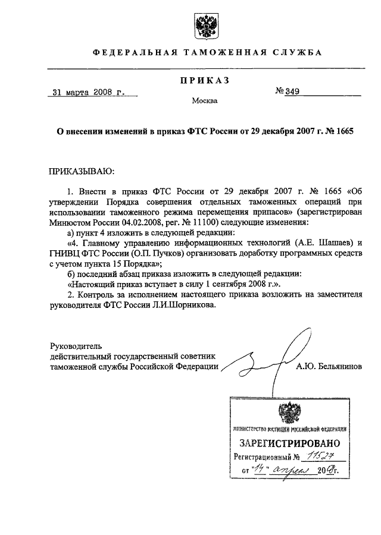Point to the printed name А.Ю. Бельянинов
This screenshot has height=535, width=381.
(x=329, y=367)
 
